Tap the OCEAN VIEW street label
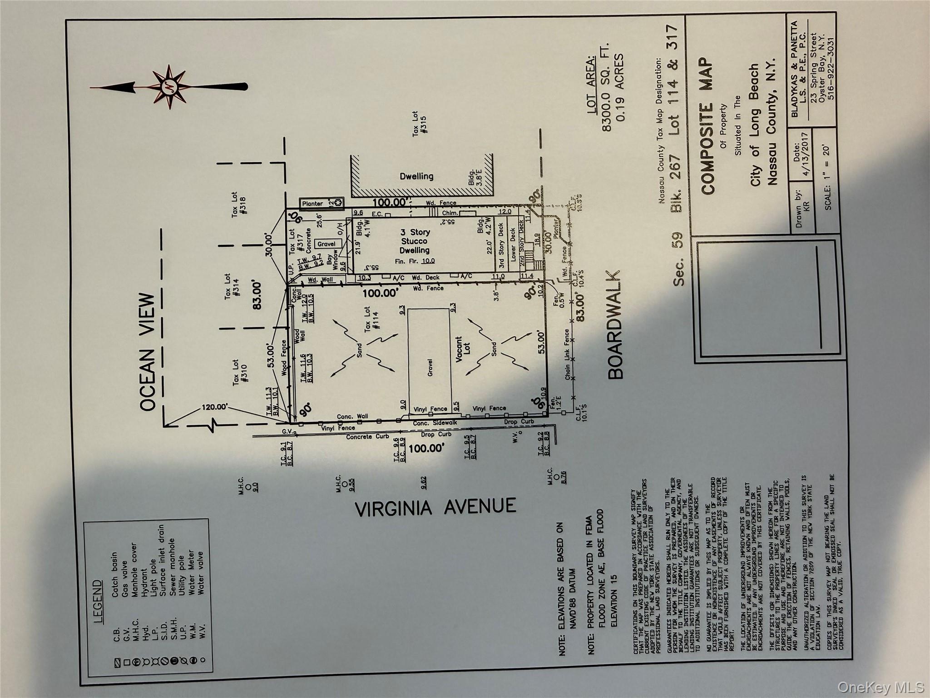(148, 352)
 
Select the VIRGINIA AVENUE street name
(435, 507)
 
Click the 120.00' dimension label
(215, 407)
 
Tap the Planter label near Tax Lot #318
(313, 204)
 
